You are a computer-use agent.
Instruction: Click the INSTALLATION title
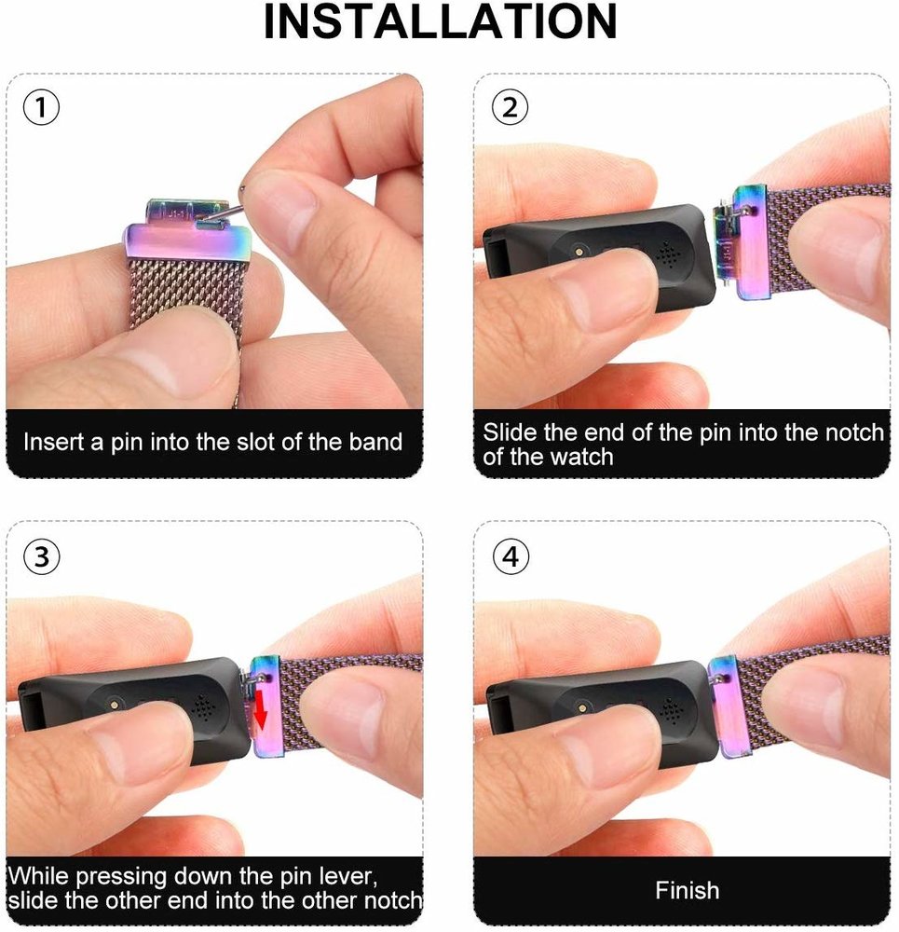440,22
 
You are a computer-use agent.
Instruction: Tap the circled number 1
42,108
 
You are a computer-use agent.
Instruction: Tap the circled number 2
510,108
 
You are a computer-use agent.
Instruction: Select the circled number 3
42,556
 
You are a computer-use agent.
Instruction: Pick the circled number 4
510,556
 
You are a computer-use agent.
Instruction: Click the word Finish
687,889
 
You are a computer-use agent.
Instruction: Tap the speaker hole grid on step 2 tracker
667,253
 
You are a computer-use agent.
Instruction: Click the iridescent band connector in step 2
747,242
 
